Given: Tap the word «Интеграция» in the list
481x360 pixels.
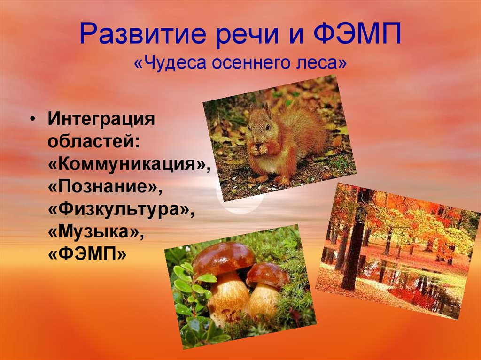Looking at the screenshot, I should pos(101,119).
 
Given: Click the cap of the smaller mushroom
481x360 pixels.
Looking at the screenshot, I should pos(267,275).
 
